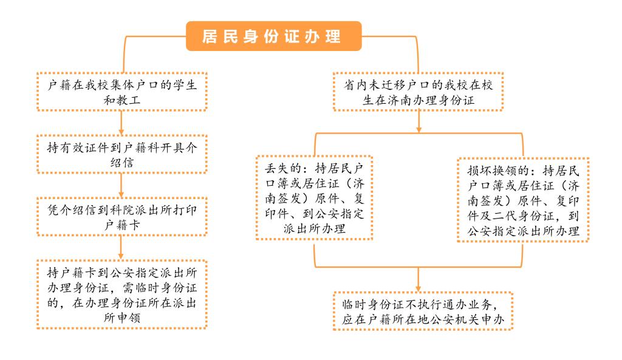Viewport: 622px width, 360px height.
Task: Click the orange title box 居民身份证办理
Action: [x=274, y=36]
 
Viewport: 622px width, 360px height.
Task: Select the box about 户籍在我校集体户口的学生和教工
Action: [x=121, y=92]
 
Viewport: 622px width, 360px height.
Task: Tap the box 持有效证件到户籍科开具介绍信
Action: [x=121, y=154]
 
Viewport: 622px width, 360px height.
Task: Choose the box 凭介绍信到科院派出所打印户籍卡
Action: [x=121, y=217]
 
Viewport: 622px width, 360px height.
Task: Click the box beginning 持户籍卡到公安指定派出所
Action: [x=121, y=294]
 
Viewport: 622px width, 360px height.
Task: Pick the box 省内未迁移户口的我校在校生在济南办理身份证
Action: [x=418, y=92]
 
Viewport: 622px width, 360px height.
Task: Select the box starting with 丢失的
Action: [x=314, y=198]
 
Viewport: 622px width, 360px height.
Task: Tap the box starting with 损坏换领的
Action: [x=523, y=200]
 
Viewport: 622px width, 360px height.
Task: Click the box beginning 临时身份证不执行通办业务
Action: [x=423, y=311]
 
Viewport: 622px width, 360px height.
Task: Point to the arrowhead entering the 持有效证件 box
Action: [x=121, y=132]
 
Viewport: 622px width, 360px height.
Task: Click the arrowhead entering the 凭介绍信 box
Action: [x=121, y=194]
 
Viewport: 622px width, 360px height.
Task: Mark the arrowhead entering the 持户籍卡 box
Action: [x=121, y=256]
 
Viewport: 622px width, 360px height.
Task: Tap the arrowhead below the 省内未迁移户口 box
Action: [x=419, y=129]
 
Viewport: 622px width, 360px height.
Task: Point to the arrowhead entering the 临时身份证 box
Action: [x=418, y=288]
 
